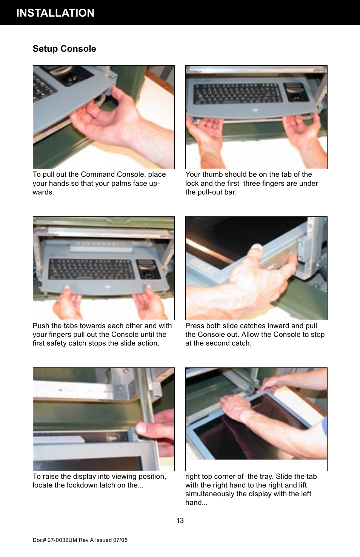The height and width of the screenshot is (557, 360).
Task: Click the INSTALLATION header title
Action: [55, 13]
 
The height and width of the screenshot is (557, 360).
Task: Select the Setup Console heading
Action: [64, 49]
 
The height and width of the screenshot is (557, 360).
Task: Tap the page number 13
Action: [180, 521]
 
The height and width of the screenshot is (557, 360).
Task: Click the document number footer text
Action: [80, 540]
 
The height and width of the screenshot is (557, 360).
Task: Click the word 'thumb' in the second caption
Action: [212, 174]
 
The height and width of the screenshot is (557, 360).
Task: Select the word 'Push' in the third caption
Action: [41, 326]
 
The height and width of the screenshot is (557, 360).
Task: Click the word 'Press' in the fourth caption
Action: [195, 326]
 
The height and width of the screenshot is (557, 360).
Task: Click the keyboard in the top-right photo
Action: [238, 93]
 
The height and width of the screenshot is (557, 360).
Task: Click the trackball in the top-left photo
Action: [71, 79]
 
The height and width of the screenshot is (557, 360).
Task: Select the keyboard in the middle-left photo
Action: [91, 268]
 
